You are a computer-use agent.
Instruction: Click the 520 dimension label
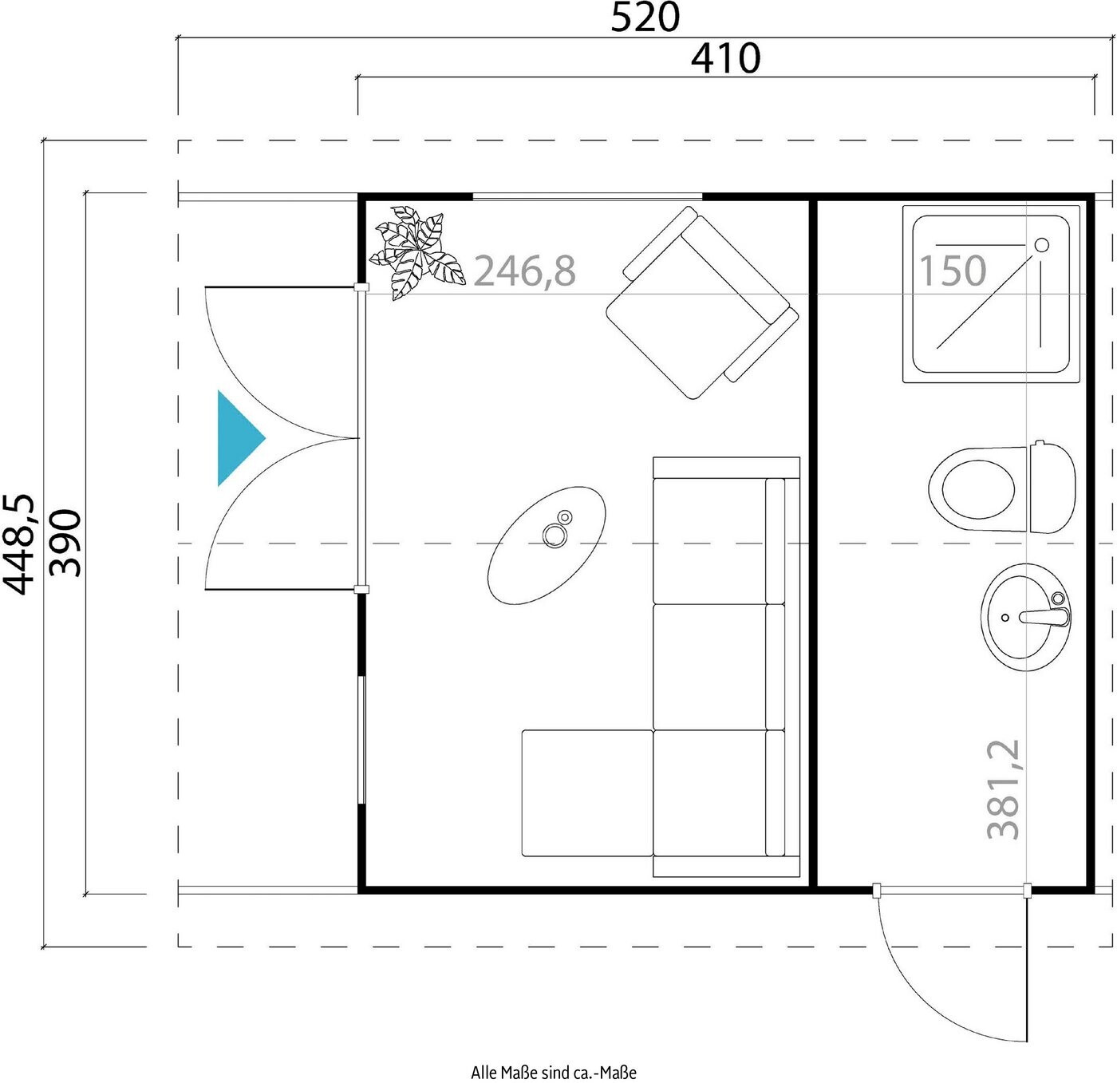tap(645, 18)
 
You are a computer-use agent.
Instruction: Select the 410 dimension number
tap(725, 58)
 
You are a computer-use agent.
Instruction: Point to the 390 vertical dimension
tap(65, 543)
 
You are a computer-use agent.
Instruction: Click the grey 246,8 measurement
tap(525, 271)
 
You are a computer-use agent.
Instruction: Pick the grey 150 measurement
tap(953, 271)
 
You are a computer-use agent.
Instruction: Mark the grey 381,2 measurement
tap(1003, 789)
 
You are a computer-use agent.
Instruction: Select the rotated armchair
tap(702, 302)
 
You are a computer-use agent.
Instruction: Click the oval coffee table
tap(547, 545)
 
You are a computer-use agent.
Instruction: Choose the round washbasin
tap(1026, 616)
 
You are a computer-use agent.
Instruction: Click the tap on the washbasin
tap(1044, 616)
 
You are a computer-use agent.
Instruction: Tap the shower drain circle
tap(1042, 245)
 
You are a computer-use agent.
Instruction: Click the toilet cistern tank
tap(1052, 487)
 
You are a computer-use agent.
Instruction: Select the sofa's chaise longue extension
tap(587, 793)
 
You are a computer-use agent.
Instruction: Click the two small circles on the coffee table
tap(558, 532)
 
